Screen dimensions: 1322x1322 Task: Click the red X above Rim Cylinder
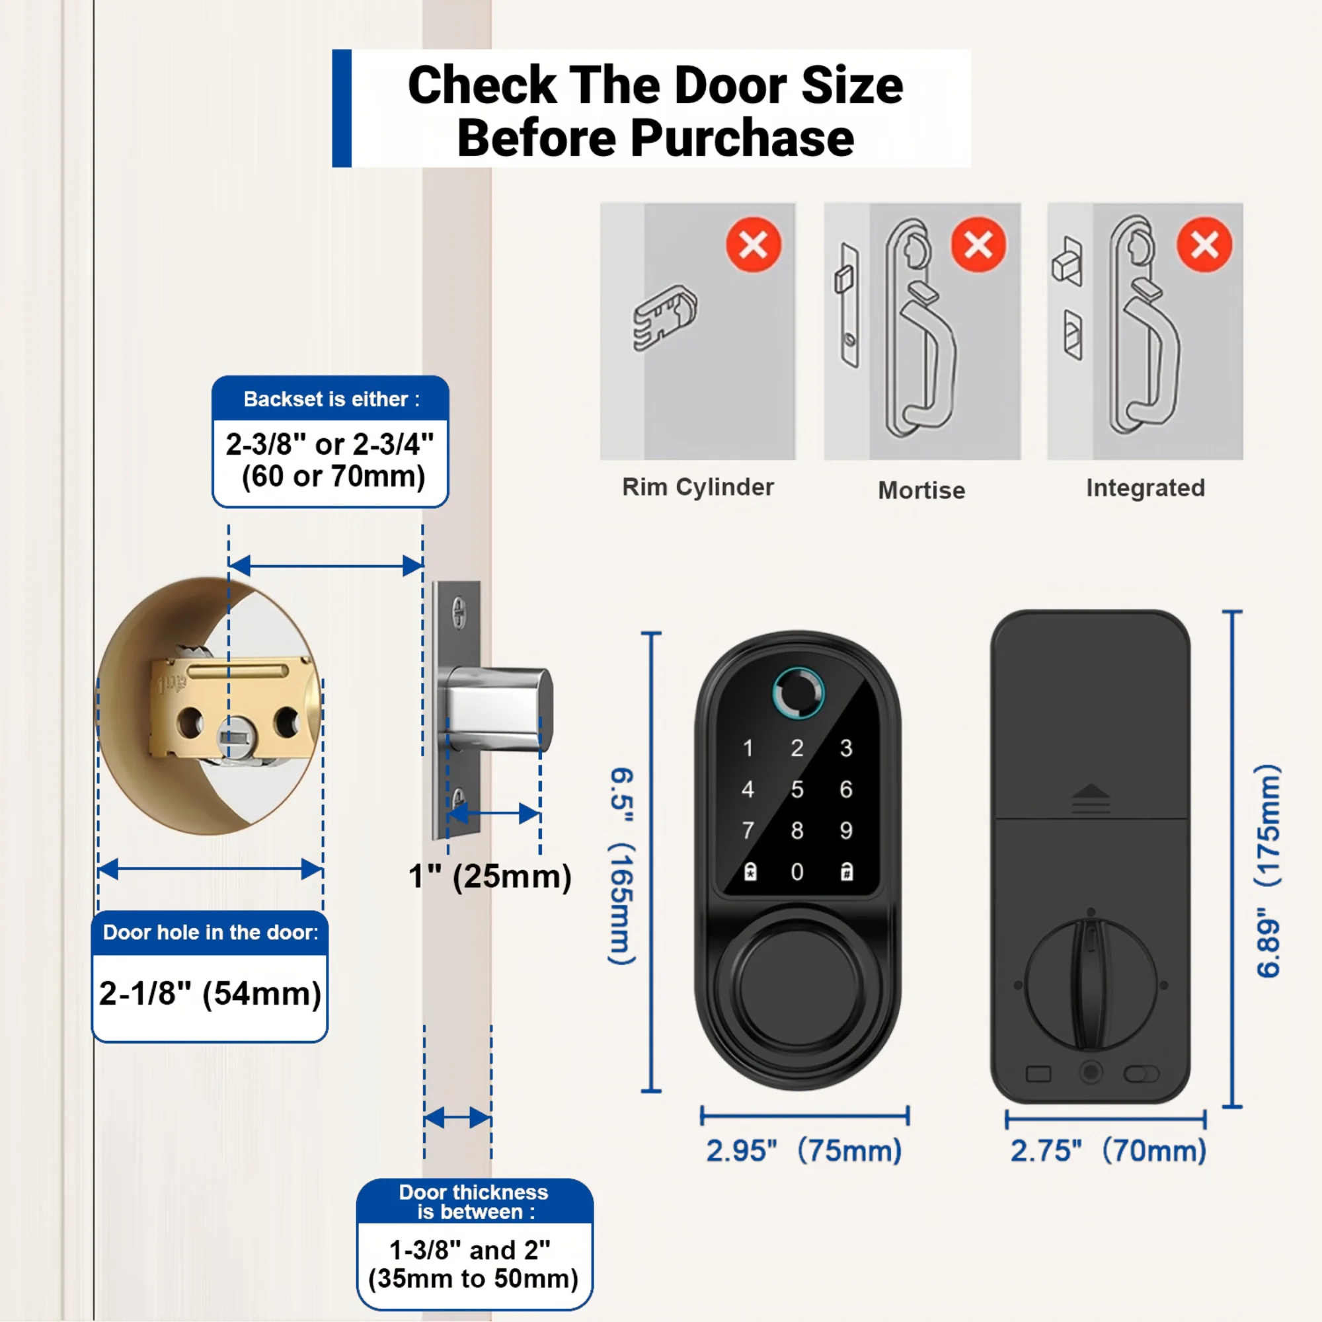[x=754, y=245]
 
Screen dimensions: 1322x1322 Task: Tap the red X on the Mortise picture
[x=978, y=245]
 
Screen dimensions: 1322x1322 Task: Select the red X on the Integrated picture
[x=1204, y=245]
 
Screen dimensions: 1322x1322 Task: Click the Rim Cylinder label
[x=698, y=487]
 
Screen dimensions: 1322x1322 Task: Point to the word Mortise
[x=921, y=490]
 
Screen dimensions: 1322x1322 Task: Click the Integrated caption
[x=1146, y=488]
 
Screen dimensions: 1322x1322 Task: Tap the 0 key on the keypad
[x=797, y=872]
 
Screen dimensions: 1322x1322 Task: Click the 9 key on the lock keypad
[x=847, y=830]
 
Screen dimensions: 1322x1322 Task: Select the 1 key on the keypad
[x=748, y=748]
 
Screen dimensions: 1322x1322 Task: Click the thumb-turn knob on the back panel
[x=1090, y=984]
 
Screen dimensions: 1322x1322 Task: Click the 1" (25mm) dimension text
[x=490, y=877]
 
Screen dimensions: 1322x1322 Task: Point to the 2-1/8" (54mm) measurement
[x=210, y=993]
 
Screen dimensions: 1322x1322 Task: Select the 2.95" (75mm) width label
[x=804, y=1150]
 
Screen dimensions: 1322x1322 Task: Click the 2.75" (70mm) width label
[x=1108, y=1150]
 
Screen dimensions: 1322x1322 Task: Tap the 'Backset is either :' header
[x=332, y=399]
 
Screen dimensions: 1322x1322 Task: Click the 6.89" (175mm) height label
[x=1268, y=871]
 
